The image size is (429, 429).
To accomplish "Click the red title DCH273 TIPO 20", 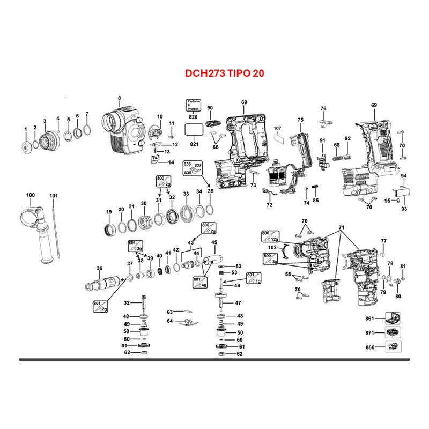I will coord(217,71).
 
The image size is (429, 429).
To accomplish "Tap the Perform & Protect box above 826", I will coord(193,104).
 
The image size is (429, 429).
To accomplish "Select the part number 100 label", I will coord(30,195).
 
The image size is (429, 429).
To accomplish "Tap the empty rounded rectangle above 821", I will coord(193,130).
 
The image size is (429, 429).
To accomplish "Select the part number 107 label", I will coord(277,128).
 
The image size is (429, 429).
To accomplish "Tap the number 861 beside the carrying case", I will coord(369,319).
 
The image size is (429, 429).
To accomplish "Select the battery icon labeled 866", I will coord(393,347).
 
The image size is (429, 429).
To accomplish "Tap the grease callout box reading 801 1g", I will coord(253,277).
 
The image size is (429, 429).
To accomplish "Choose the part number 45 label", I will coord(214,242).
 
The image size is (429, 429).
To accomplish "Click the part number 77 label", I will coord(383,240).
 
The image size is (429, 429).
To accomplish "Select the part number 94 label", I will coord(403,176).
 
